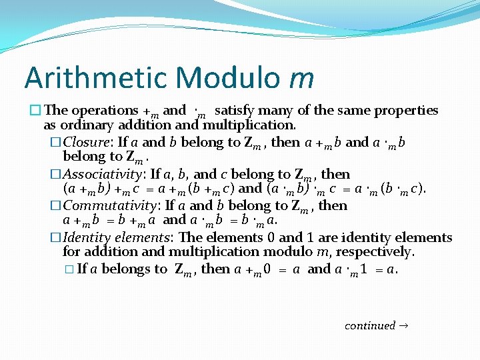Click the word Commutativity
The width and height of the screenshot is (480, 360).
pos(111,205)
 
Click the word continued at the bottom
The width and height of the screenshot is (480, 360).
pos(370,325)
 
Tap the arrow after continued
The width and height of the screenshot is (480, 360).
pos(405,325)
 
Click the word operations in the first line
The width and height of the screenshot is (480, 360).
pos(103,110)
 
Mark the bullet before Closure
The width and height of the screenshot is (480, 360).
pos(57,143)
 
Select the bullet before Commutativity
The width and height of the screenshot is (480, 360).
pos(57,206)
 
